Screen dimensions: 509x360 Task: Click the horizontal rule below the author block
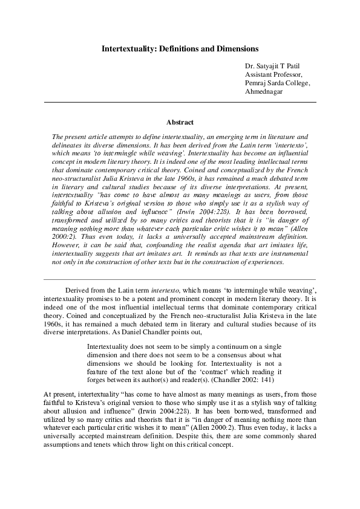click(x=180, y=103)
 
